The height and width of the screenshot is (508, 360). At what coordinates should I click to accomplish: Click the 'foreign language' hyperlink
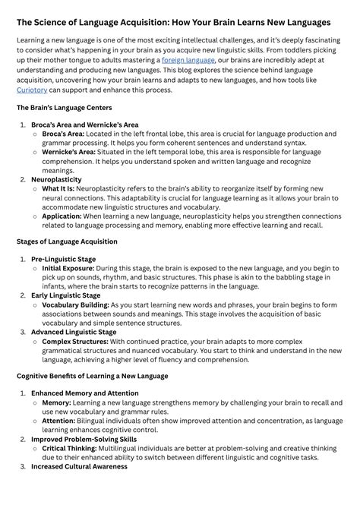pos(189,60)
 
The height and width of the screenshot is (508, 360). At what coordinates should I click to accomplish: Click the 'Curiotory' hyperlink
pos(37,90)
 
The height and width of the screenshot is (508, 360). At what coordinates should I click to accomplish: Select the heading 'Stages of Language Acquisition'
pos(67,241)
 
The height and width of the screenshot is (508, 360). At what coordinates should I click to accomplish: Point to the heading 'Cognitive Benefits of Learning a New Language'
pos(92,375)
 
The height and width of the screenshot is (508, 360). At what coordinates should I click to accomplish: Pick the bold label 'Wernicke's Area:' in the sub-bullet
pos(68,152)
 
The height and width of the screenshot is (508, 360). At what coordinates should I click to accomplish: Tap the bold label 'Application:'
pos(62,216)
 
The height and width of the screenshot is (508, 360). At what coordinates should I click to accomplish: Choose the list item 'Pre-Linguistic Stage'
pos(63,259)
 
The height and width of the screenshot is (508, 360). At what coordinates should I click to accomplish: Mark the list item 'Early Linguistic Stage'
pos(66,295)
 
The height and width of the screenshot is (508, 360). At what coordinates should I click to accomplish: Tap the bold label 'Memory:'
pos(56,402)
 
